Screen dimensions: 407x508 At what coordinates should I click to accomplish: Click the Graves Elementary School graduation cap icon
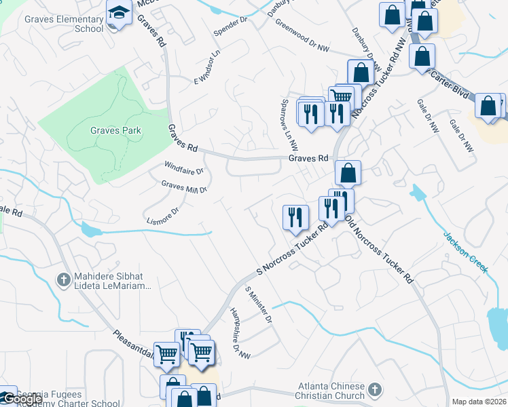point(120,14)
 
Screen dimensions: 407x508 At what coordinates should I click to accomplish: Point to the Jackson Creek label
point(465,252)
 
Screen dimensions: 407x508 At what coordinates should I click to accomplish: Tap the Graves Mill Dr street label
point(183,186)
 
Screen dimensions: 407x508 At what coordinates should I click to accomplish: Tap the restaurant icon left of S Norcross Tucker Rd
point(295,217)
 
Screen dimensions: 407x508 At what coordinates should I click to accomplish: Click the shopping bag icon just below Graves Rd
point(347,173)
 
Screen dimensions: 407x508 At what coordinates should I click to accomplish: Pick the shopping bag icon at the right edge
point(488,106)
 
